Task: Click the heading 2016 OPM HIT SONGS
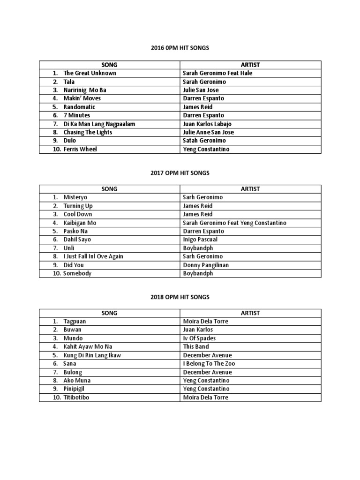point(180,48)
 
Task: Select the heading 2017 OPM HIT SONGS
point(180,173)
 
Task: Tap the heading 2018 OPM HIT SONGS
point(180,297)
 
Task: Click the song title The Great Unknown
point(90,73)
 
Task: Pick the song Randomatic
point(79,107)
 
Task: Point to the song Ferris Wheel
point(80,149)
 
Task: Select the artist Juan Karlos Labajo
point(207,124)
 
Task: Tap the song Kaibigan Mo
point(80,223)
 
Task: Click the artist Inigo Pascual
point(200,240)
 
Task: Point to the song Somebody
point(77,273)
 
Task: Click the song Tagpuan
point(75,322)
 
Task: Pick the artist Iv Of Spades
point(199,338)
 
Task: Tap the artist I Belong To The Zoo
point(209,364)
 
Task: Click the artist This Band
point(195,347)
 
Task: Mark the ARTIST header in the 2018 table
point(250,313)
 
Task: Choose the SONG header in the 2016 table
point(109,65)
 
